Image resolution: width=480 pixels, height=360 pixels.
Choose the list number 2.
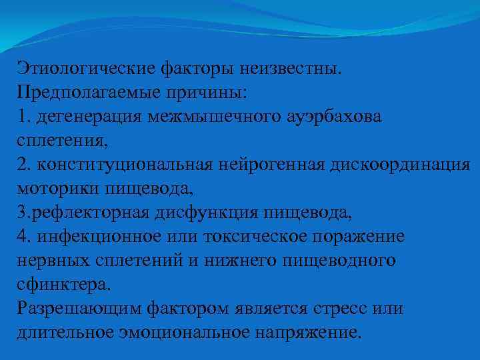[x=23, y=164]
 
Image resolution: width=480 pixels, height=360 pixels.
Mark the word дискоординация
[x=401, y=164]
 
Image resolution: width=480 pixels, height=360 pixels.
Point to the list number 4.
[x=23, y=237]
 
